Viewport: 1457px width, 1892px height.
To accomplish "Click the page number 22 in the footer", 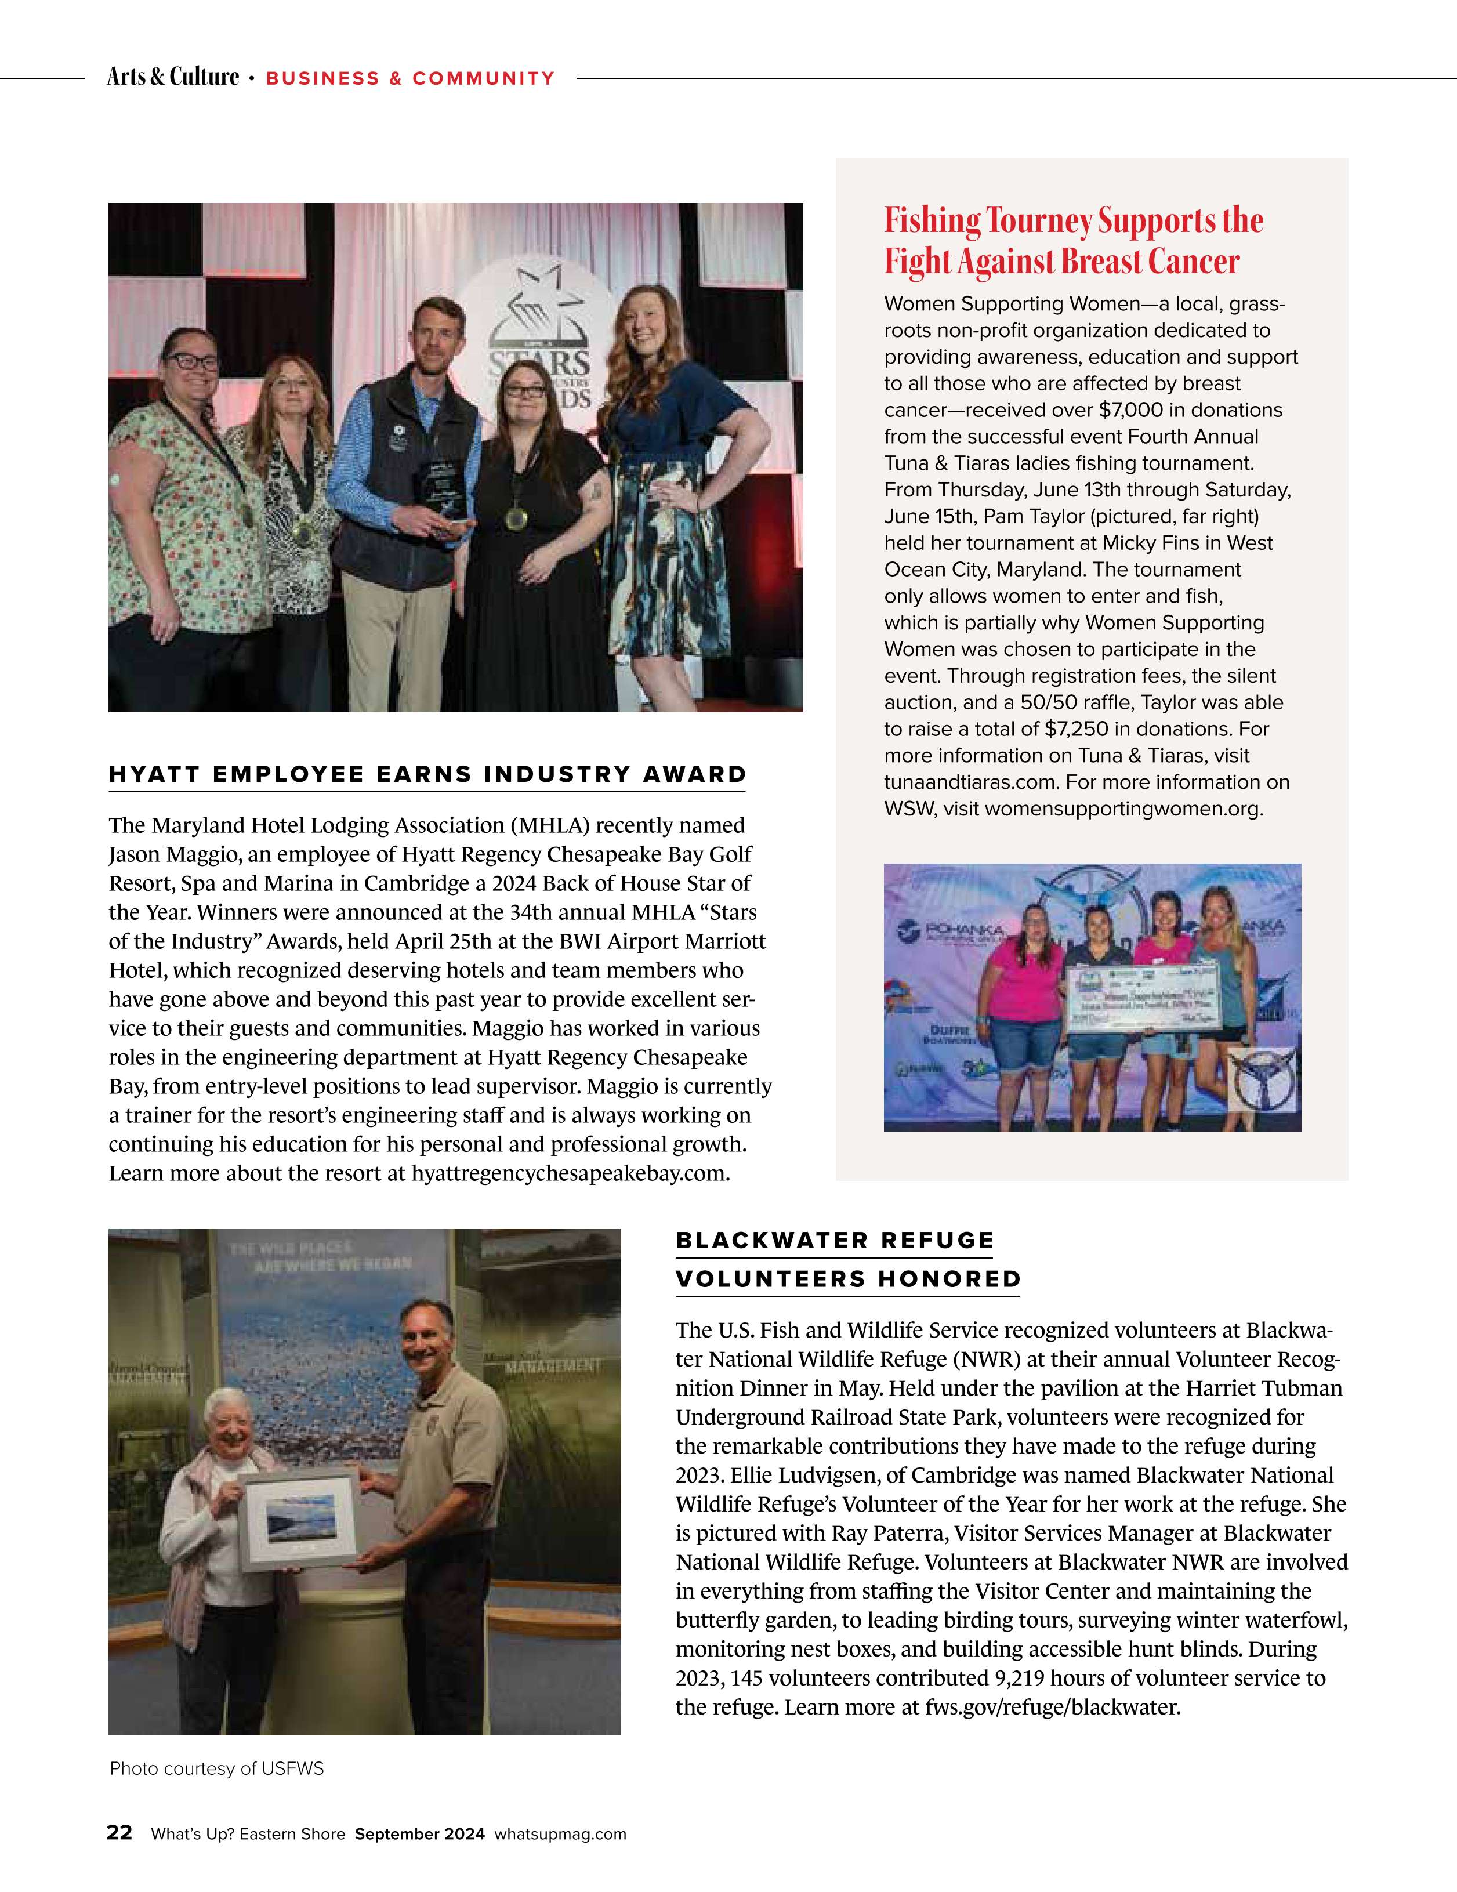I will point(119,1833).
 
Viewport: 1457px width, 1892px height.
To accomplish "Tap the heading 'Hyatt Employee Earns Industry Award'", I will point(427,774).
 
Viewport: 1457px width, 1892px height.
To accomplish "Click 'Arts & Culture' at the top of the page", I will point(172,77).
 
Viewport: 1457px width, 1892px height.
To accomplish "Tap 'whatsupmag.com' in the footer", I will point(560,1834).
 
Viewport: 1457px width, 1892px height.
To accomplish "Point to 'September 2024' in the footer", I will point(419,1834).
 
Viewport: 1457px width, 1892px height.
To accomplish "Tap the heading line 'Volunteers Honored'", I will point(848,1280).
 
